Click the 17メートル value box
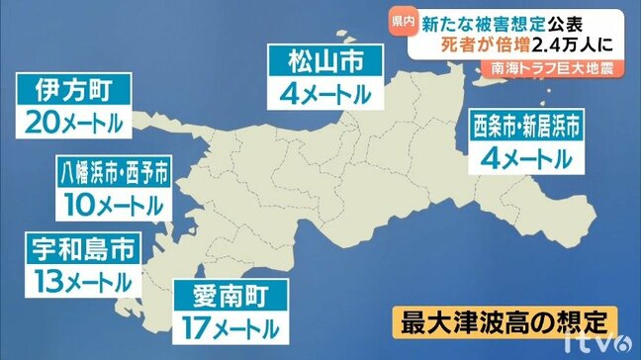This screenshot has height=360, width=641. pyautogui.click(x=231, y=323)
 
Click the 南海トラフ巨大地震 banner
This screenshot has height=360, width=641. pyautogui.click(x=553, y=69)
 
